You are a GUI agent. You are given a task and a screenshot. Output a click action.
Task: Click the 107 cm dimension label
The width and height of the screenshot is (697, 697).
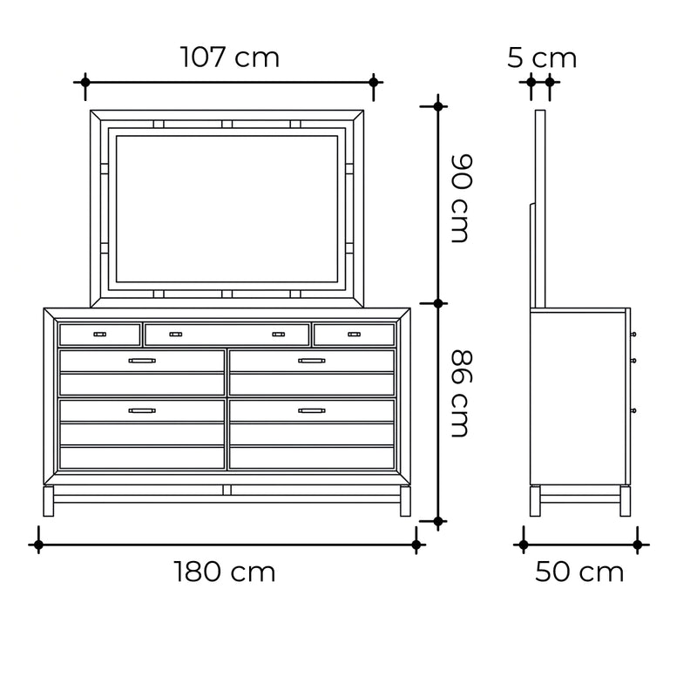(x=230, y=58)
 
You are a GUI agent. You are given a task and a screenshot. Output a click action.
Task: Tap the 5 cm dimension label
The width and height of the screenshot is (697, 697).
(x=542, y=58)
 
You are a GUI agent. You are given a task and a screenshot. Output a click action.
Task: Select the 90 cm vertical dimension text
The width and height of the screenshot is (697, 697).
(x=461, y=199)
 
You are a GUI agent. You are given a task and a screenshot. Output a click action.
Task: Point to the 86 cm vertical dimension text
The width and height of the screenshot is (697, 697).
(x=461, y=394)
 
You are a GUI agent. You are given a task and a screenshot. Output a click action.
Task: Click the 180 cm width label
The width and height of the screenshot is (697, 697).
(x=225, y=572)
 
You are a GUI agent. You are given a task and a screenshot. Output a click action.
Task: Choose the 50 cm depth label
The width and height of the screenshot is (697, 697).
(x=579, y=572)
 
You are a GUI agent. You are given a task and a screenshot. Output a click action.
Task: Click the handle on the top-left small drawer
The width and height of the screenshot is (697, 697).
(x=99, y=335)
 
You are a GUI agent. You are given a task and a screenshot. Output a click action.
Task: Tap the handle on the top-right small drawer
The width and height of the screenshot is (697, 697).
(x=355, y=335)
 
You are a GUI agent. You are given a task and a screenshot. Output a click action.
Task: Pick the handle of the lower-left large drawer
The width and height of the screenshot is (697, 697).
(x=142, y=410)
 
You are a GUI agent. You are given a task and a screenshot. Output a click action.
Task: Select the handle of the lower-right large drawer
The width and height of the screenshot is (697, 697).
(x=312, y=410)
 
